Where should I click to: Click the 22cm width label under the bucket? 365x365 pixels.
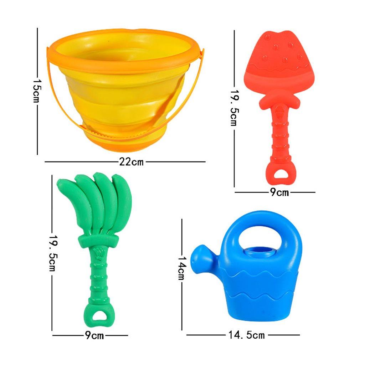click(131, 161)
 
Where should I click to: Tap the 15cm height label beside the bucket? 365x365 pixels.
click(37, 91)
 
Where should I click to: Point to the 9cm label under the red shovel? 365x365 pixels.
click(279, 192)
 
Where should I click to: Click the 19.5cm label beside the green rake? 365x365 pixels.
click(53, 253)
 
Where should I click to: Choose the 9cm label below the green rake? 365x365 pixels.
click(94, 335)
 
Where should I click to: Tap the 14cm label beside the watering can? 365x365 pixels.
click(181, 268)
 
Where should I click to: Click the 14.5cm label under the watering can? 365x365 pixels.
click(247, 335)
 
